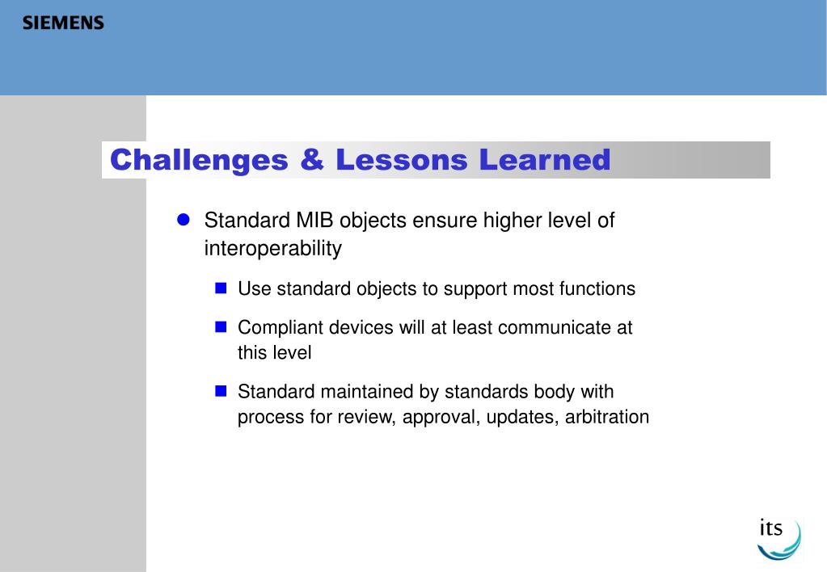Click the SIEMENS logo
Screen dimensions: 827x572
coord(63,23)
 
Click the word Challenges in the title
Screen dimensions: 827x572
coord(199,160)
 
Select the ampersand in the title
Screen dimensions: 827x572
coord(312,159)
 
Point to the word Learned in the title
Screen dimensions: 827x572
coord(545,159)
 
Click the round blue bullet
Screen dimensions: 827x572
coord(183,220)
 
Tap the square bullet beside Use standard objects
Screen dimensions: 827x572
coord(221,288)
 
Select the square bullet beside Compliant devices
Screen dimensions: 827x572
coord(221,327)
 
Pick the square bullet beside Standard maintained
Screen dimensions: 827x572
coord(221,391)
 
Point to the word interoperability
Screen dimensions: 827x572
coord(273,248)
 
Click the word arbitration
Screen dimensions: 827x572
coord(607,417)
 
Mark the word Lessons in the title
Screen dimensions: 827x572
coord(401,160)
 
